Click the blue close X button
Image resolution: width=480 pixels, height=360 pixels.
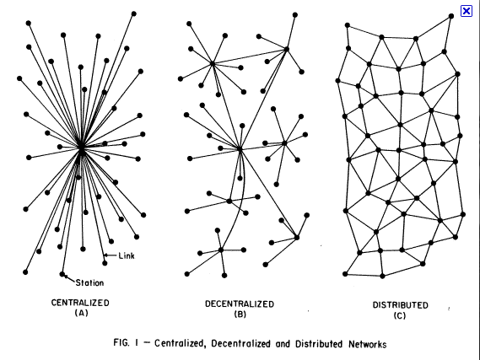[467, 11]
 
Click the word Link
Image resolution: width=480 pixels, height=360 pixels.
[127, 255]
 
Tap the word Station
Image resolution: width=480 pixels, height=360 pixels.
[89, 282]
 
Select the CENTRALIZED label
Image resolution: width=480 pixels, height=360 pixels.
[80, 303]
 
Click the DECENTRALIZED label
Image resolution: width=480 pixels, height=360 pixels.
[240, 304]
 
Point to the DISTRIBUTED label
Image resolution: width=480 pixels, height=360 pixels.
[400, 305]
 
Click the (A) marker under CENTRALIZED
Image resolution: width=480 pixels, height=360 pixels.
[82, 313]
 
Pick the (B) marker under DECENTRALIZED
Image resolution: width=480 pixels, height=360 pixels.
[240, 314]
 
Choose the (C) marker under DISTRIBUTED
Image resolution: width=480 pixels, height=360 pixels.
[400, 315]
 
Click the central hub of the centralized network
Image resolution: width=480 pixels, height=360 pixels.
[82, 148]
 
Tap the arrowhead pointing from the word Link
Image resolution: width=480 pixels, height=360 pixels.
[105, 255]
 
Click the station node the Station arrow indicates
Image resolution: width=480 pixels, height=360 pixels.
[62, 274]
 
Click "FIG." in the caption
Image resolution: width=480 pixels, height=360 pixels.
[121, 342]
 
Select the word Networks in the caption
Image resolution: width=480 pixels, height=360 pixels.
[367, 344]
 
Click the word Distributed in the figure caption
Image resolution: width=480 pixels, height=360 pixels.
[319, 344]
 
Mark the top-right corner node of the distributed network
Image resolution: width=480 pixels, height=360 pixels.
[451, 16]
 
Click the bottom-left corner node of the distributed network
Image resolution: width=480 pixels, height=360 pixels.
[345, 274]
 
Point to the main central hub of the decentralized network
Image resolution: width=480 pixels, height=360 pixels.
[240, 149]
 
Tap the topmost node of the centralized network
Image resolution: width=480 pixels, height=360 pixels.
[134, 13]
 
